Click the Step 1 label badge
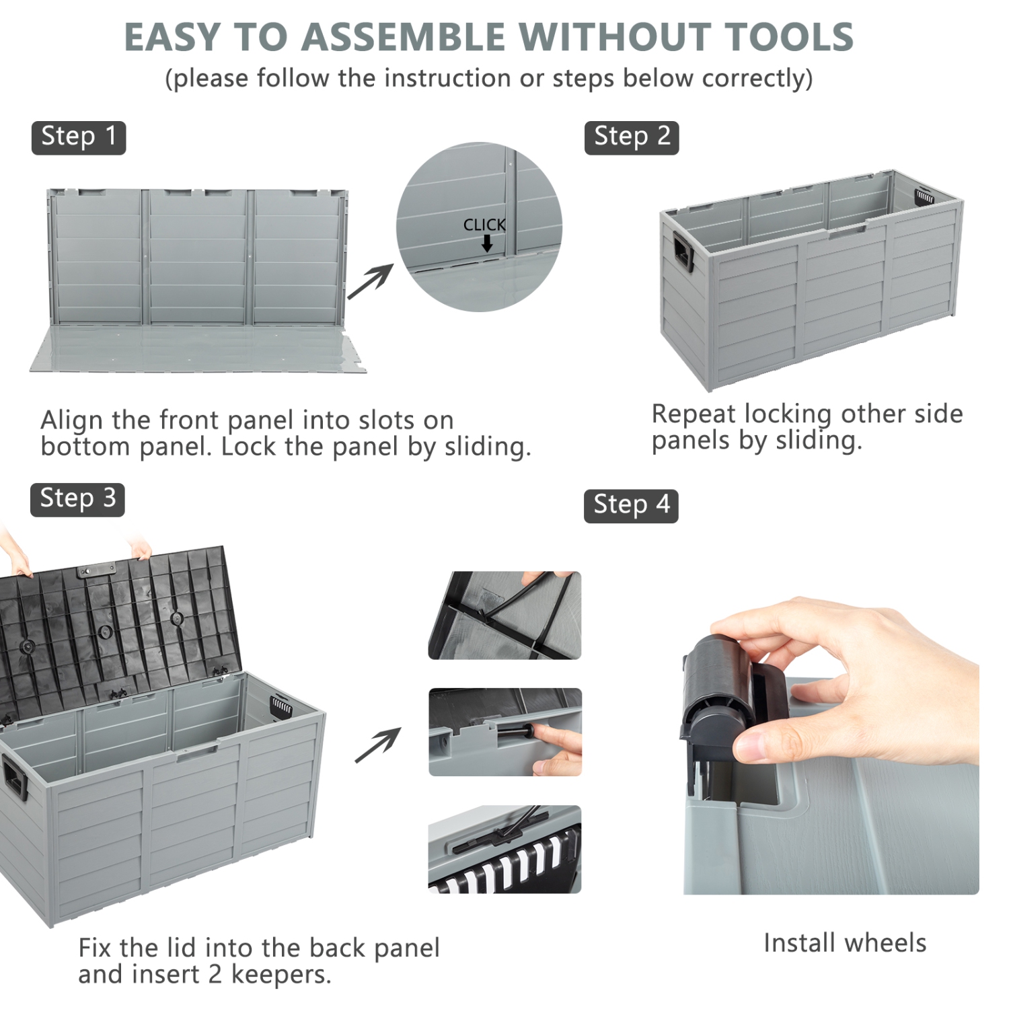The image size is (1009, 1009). [79, 138]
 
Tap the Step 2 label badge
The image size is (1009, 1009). [632, 138]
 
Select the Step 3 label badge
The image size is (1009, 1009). [77, 500]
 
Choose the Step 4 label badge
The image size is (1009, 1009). [631, 506]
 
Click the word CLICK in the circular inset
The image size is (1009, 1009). [484, 225]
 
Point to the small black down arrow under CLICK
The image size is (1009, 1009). [487, 244]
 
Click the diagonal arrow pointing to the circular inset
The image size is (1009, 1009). [370, 282]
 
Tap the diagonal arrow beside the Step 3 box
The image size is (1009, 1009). [378, 745]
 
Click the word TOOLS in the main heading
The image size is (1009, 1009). [789, 37]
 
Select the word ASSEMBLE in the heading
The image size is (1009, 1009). [403, 37]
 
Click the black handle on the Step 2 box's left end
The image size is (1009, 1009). [683, 252]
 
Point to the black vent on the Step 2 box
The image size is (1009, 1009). [925, 196]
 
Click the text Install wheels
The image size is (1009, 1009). [845, 943]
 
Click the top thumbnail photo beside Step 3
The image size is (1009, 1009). [504, 615]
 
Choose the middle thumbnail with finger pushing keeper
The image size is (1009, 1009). [505, 732]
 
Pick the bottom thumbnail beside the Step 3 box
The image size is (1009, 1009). [504, 849]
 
